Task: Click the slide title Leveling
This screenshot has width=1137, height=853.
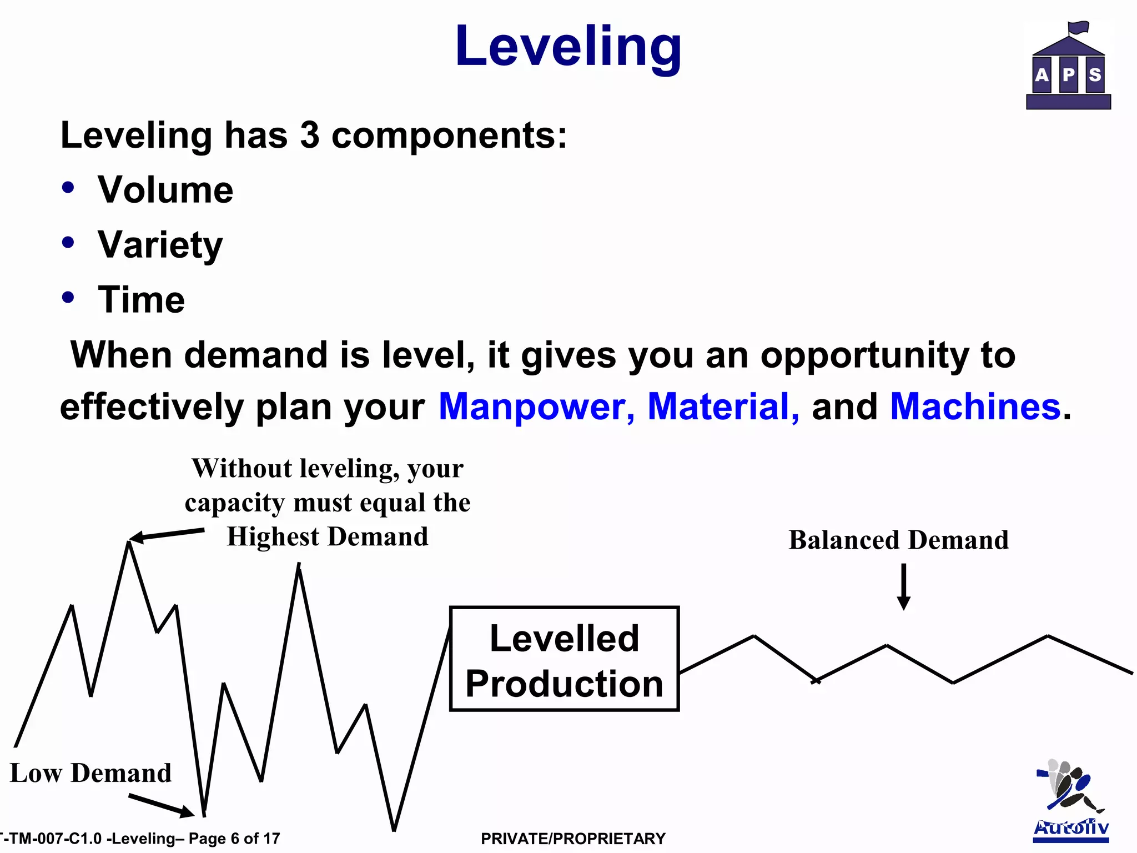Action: [568, 47]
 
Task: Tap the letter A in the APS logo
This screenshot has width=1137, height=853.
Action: [1042, 74]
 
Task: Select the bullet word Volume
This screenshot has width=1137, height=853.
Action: [165, 190]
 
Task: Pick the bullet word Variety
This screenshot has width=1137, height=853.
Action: [160, 245]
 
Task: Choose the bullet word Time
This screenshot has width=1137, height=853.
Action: [141, 300]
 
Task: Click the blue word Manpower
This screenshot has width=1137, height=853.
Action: [536, 407]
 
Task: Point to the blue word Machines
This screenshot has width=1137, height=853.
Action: [975, 407]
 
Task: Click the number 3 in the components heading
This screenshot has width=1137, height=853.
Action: [310, 135]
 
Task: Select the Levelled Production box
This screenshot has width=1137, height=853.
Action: [564, 659]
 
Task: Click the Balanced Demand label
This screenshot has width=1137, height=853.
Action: [898, 540]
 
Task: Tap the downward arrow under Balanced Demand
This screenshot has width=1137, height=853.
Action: [904, 588]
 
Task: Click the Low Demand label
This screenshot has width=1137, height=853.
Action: [90, 773]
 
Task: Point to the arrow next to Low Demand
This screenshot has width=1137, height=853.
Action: [161, 806]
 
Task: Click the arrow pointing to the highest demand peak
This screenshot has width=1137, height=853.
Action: [167, 535]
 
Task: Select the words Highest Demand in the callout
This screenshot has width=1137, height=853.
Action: [328, 537]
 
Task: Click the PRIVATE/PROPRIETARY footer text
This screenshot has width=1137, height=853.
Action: [573, 839]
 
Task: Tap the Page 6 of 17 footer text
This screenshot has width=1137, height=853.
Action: [234, 839]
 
